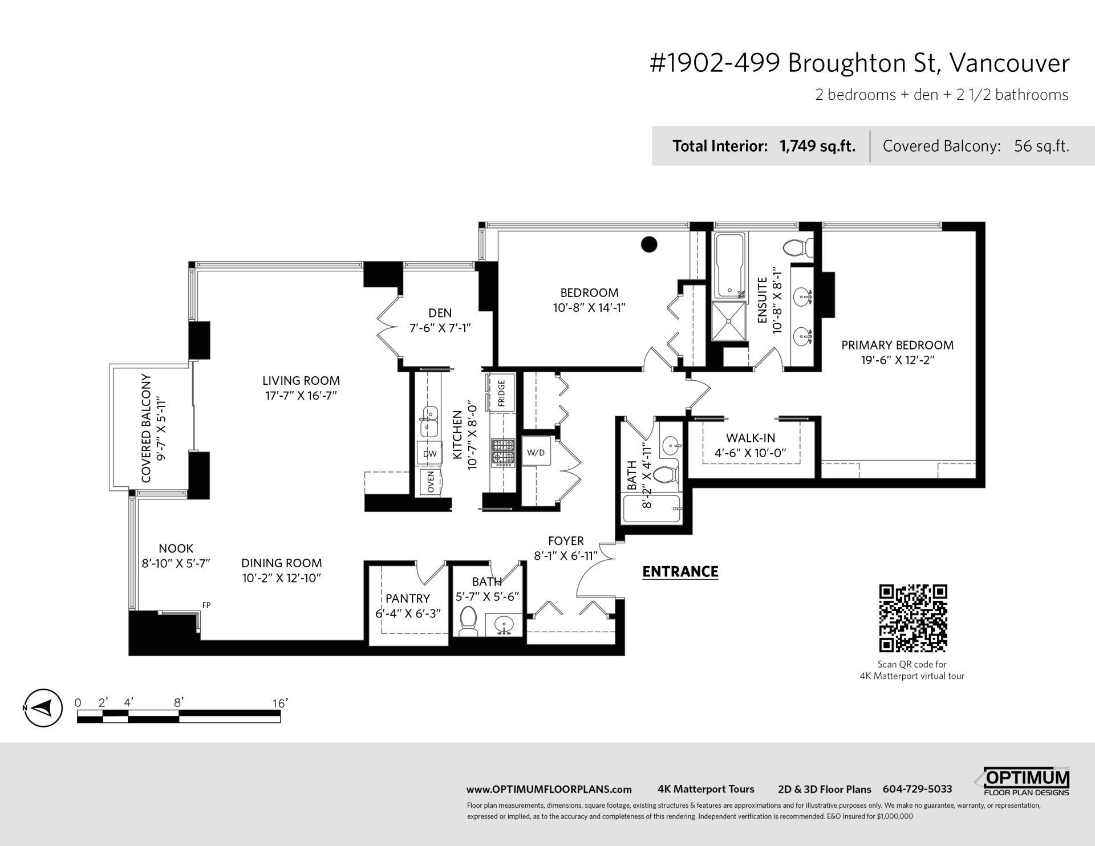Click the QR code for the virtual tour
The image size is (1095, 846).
pos(913,618)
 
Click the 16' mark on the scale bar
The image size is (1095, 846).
pos(279,703)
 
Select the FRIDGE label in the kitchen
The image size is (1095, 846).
pos(502,392)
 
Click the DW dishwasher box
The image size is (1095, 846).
pos(429,454)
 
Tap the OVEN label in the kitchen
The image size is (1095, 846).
pos(431,482)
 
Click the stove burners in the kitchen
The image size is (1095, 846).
pos(502,452)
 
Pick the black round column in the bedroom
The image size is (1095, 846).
pos(649,245)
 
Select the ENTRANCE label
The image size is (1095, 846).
pos(680,571)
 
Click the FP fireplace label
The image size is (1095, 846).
pos(206,605)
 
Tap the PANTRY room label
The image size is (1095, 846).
pos(407,598)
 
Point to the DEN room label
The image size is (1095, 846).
pos(440,313)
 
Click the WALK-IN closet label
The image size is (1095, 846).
pos(750,438)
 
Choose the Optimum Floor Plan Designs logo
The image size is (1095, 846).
pos(1027,780)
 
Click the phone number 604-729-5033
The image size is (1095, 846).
pos(917,789)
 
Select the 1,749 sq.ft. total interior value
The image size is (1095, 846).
pos(817,146)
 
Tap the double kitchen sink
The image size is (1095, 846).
pos(428,420)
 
